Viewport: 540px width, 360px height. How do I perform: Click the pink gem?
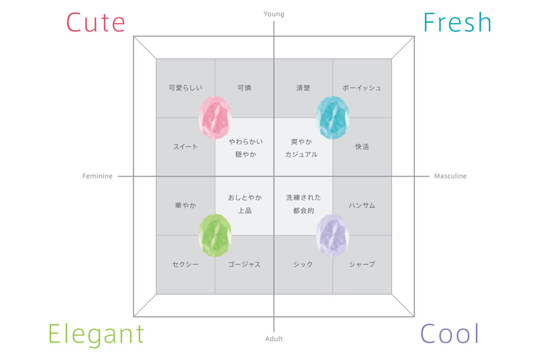click(215, 117)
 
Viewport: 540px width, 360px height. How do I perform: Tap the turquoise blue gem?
click(333, 117)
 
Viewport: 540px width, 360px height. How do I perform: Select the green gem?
click(215, 235)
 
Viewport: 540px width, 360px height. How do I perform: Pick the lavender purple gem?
click(333, 235)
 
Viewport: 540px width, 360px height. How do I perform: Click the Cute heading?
click(96, 23)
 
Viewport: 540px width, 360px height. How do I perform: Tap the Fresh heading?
click(457, 22)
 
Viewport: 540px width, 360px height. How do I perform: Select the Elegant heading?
click(96, 334)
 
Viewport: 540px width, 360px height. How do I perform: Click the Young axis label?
click(274, 14)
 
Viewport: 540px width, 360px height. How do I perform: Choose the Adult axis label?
click(274, 338)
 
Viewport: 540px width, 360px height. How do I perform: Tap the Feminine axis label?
click(97, 176)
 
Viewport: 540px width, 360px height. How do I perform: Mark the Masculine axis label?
click(450, 176)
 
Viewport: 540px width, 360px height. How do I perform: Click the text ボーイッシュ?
click(362, 88)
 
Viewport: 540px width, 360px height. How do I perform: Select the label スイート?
click(185, 147)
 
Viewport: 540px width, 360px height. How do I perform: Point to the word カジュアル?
click(301, 154)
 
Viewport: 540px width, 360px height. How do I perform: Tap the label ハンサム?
click(362, 206)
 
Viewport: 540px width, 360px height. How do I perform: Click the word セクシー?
click(185, 264)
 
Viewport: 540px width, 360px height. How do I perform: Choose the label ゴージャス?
click(244, 264)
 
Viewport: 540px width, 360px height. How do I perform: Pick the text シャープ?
click(362, 264)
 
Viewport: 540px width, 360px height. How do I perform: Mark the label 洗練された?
click(303, 198)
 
